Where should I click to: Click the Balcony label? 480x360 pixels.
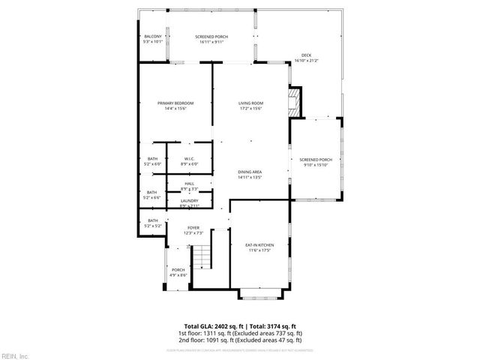[153, 36]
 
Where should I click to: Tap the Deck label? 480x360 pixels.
[306, 55]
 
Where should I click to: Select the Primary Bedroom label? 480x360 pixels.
[175, 103]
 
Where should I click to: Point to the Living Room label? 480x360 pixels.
[250, 103]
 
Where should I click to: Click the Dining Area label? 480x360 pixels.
[250, 172]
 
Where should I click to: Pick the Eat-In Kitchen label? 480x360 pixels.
[259, 245]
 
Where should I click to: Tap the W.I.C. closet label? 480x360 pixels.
[190, 158]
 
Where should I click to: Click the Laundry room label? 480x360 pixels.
[189, 200]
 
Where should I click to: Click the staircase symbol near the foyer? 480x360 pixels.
[202, 259]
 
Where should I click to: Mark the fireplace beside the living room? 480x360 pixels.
[296, 102]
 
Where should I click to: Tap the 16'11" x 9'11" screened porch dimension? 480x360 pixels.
[211, 41]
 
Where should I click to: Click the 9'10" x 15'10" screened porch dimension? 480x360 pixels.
[315, 165]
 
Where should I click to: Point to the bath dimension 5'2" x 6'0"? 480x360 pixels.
[153, 163]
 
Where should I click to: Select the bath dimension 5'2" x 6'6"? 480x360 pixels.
[153, 197]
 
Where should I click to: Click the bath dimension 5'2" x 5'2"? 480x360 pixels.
[153, 225]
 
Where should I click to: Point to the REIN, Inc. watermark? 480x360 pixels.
[15, 355]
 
